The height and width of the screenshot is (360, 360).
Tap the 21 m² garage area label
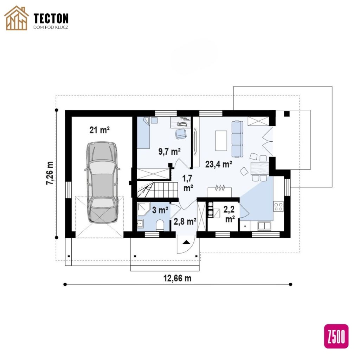(x=99, y=130)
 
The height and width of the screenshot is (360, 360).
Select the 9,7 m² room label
(x=169, y=152)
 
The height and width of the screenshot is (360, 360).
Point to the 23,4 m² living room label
(x=218, y=164)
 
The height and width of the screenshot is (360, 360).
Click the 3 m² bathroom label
(x=160, y=210)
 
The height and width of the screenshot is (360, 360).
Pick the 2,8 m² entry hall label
(x=185, y=221)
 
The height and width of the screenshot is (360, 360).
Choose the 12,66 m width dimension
(x=177, y=278)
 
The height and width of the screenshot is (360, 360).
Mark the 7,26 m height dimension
(x=50, y=173)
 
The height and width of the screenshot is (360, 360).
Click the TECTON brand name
(x=51, y=18)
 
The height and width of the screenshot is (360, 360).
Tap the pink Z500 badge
(x=336, y=336)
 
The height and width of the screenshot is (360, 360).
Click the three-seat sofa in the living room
(x=237, y=139)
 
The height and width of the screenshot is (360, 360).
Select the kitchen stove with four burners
(x=278, y=206)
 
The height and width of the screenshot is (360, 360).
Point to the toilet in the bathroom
(x=160, y=225)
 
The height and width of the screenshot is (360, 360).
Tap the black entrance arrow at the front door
(x=186, y=242)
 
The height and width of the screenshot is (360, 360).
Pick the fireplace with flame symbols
(x=220, y=192)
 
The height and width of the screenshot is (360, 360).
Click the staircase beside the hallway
(x=158, y=189)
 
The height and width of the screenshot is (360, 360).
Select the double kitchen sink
(x=264, y=226)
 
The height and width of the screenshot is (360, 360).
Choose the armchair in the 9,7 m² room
(x=181, y=134)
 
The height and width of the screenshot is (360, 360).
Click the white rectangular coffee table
(x=221, y=141)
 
